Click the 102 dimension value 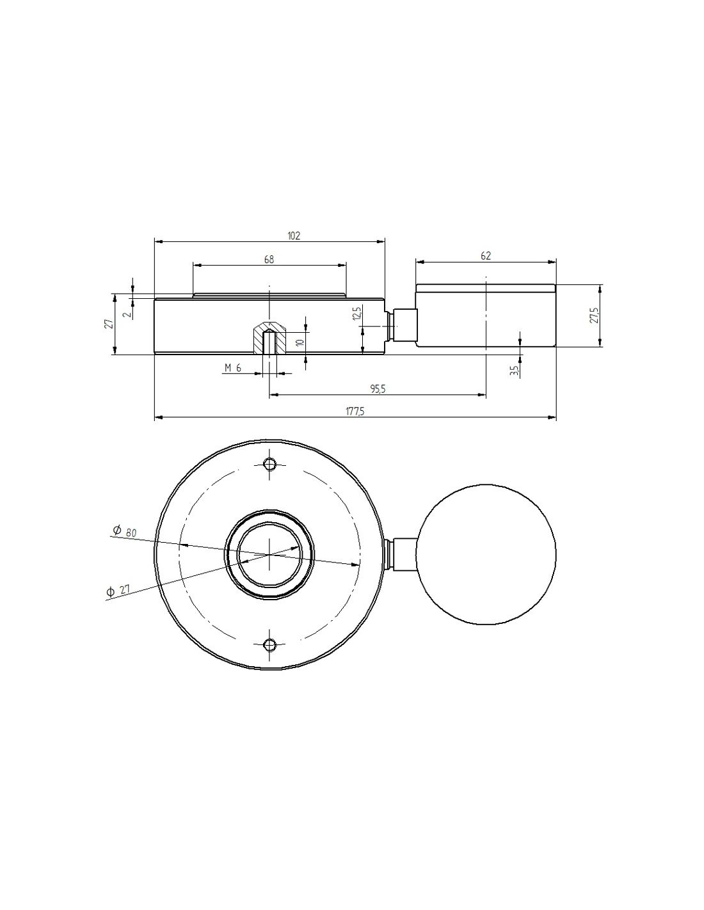click(294, 235)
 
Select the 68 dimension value click(269, 260)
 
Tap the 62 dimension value click(485, 256)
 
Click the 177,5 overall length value click(355, 411)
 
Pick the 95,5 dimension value click(378, 389)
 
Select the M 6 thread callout click(233, 368)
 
